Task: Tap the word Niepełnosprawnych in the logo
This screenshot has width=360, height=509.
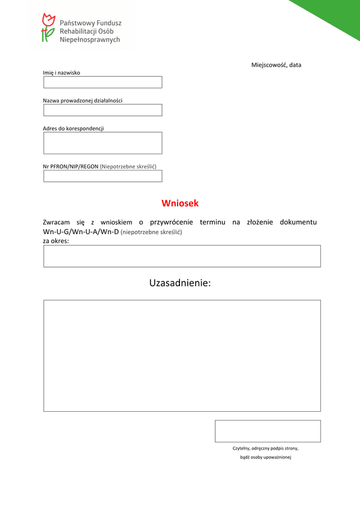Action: pyautogui.click(x=90, y=40)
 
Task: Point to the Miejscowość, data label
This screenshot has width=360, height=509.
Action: pyautogui.click(x=276, y=65)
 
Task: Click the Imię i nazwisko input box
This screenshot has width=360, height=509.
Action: pyautogui.click(x=103, y=82)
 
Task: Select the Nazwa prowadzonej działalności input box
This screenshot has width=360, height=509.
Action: pyautogui.click(x=103, y=110)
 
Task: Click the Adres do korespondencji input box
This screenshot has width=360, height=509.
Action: pyautogui.click(x=103, y=143)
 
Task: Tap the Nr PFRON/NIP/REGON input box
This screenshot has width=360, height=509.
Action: pyautogui.click(x=103, y=176)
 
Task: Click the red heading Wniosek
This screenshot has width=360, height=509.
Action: pyautogui.click(x=180, y=203)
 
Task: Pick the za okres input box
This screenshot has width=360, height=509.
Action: pyautogui.click(x=182, y=256)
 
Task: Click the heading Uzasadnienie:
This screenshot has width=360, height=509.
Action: pyautogui.click(x=180, y=283)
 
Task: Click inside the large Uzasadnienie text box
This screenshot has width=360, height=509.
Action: pyautogui.click(x=182, y=355)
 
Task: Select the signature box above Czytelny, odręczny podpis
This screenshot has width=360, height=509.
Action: pyautogui.click(x=268, y=431)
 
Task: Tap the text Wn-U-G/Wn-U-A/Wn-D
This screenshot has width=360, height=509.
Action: pyautogui.click(x=81, y=232)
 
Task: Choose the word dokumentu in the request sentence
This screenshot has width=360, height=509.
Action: pyautogui.click(x=295, y=222)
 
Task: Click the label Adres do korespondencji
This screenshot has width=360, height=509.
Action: pyautogui.click(x=73, y=128)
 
